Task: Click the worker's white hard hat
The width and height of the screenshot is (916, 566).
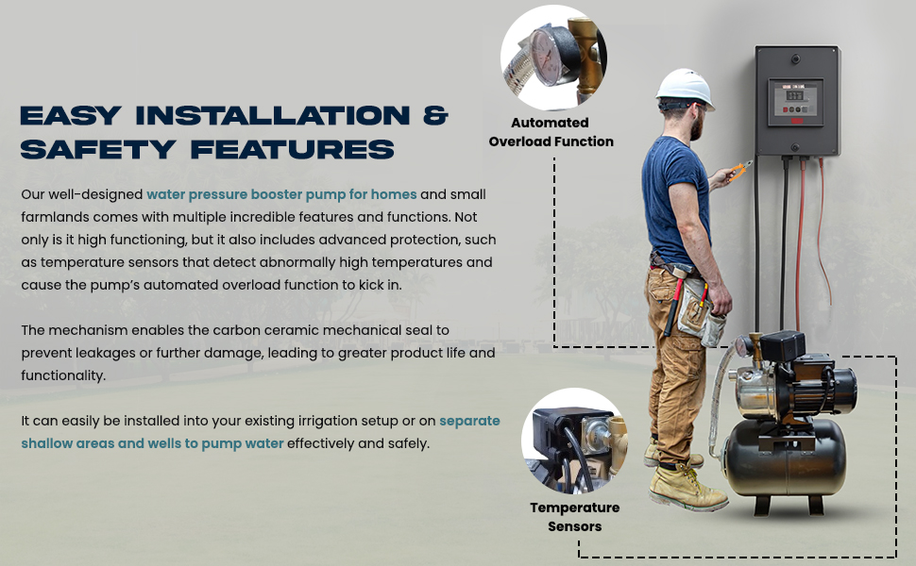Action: point(685,89)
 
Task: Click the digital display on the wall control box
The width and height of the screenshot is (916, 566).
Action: point(794,95)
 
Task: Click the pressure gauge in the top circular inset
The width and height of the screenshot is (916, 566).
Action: point(545,57)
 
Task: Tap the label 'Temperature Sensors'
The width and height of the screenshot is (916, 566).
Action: point(575,517)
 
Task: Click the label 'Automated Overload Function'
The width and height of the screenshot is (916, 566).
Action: point(551,132)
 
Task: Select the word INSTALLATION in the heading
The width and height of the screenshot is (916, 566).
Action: point(273,115)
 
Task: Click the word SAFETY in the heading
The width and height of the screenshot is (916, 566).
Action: point(98,149)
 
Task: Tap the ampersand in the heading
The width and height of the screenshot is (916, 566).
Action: point(435,115)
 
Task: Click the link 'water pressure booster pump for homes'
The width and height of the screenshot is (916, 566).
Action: point(281,194)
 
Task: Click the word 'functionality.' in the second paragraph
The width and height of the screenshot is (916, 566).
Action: point(63,375)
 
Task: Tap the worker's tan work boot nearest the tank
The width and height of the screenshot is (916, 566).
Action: point(687,488)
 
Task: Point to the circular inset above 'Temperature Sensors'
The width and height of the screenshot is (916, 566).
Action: point(573,441)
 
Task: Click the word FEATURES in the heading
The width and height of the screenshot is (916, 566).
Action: point(292,149)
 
